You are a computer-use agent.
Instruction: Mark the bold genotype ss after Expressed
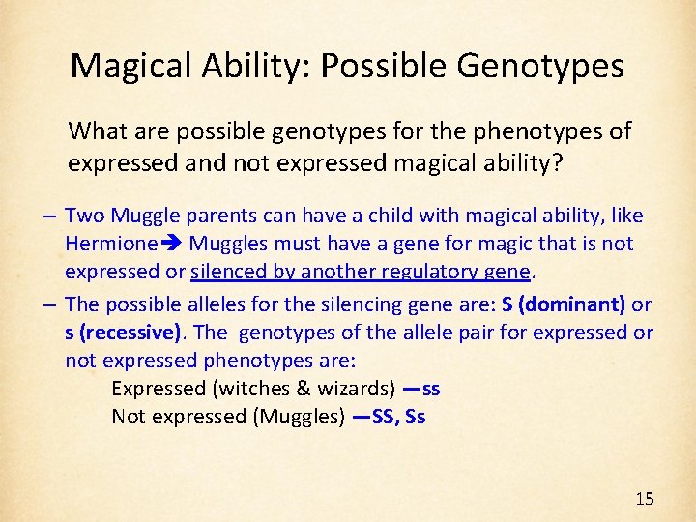point(431,389)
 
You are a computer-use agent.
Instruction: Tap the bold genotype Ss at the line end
point(416,417)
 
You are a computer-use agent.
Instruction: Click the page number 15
point(645,499)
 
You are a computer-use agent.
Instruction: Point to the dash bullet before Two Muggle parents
point(48,215)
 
